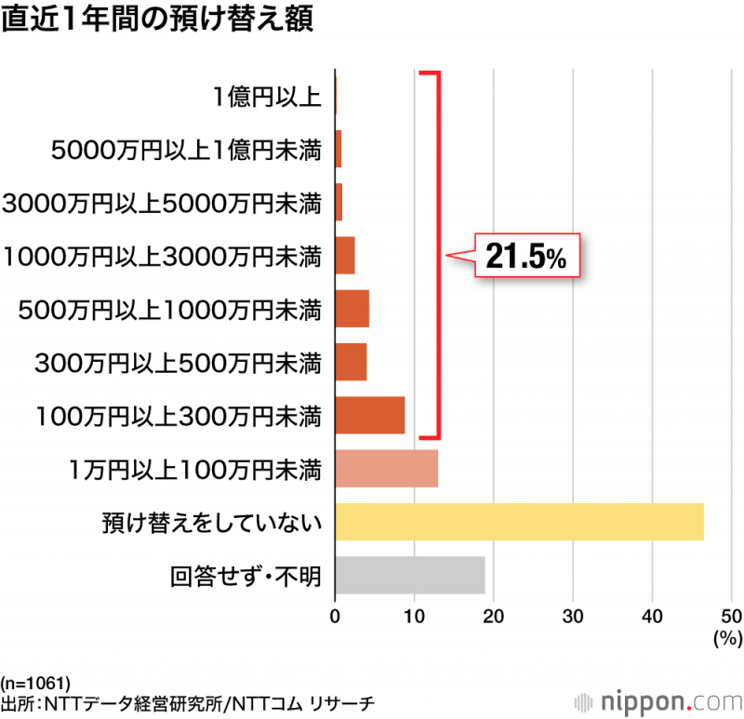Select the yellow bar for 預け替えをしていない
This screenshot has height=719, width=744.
519,522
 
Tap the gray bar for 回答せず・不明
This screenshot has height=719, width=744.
409,575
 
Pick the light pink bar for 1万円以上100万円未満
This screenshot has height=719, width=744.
386,469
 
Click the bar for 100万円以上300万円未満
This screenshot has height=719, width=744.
369,415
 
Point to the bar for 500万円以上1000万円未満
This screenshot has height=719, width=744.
352,309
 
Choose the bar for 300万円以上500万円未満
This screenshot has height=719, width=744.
351,362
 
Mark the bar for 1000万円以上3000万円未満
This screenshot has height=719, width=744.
345,256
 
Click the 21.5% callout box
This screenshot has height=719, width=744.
527,256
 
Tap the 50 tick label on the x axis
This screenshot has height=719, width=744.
732,615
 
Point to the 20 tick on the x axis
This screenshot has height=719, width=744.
494,615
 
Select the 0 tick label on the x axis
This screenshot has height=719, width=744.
335,615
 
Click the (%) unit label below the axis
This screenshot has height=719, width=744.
724,638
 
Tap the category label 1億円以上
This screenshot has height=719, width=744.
267,96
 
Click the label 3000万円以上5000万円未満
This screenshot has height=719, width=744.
163,202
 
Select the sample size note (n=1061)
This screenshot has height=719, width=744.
36,682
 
